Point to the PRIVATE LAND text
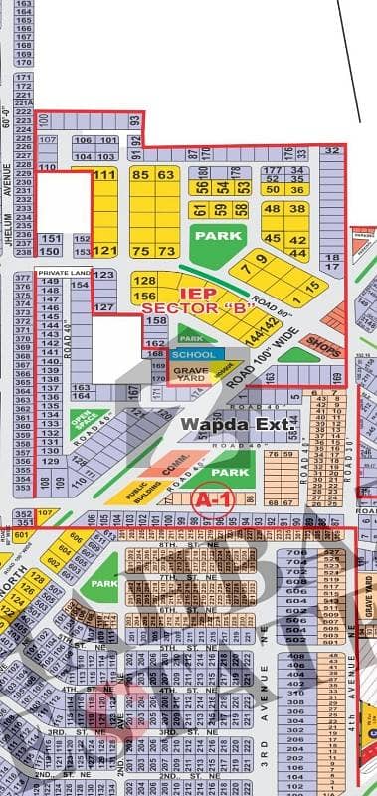tap(62, 272)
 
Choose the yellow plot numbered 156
tap(144, 297)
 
